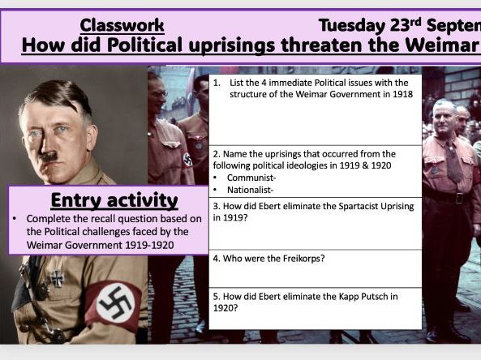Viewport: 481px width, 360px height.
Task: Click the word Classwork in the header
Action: (122, 24)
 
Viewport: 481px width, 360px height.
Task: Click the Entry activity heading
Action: (103, 199)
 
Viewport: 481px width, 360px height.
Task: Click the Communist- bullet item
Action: (250, 178)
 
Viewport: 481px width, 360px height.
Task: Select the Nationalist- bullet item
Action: (252, 189)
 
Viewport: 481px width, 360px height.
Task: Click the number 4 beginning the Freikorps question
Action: (215, 259)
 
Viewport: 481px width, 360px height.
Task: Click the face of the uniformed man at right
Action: (444, 118)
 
